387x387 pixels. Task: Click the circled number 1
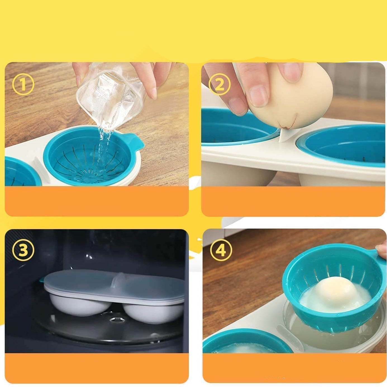(x=23, y=85)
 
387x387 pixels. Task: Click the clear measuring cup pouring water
(x=110, y=96)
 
